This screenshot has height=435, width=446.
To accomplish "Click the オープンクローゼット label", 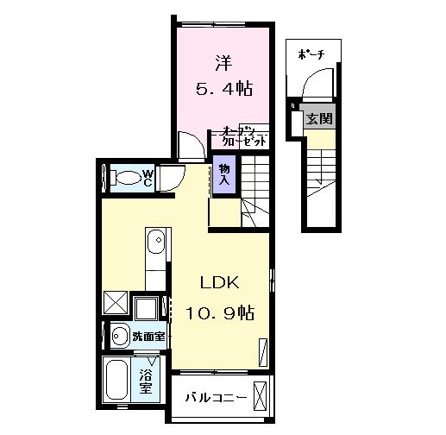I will tap(241, 136).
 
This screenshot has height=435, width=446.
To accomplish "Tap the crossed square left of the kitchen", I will tap(115, 304).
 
